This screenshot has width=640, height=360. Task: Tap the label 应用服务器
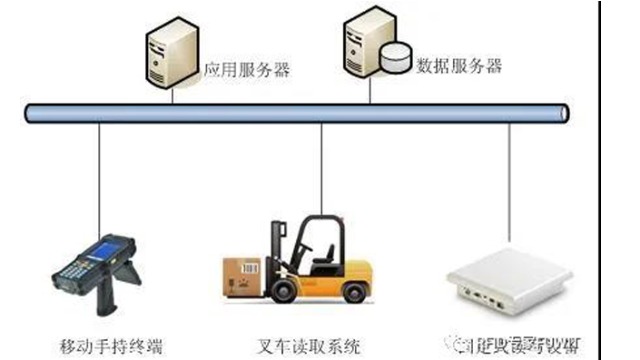tap(246, 70)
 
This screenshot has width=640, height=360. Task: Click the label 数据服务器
tap(458, 67)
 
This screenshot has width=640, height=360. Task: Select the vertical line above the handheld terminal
tap(99, 185)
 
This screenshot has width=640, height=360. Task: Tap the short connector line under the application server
tap(172, 94)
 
